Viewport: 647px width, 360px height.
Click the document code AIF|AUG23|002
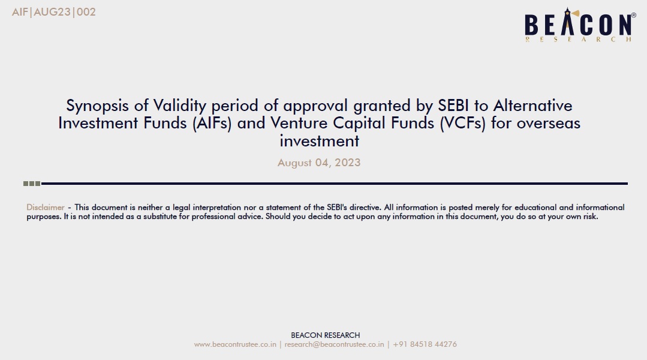coord(53,12)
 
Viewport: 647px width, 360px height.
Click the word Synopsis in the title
coord(97,106)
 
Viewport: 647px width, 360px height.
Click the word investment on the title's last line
coord(320,141)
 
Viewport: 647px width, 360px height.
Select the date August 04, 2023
coord(319,163)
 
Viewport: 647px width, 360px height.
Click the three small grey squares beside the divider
coord(32,184)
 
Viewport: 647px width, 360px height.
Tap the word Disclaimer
coord(46,207)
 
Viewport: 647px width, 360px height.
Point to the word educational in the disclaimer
coord(535,207)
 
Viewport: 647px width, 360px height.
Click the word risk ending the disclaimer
coord(591,217)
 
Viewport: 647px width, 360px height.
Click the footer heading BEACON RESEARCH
coord(325,335)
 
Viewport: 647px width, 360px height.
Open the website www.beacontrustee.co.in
coord(235,344)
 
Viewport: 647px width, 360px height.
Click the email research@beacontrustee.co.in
coord(334,344)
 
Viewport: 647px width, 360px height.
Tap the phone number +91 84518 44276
coord(425,344)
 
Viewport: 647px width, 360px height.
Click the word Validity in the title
coord(179,106)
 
